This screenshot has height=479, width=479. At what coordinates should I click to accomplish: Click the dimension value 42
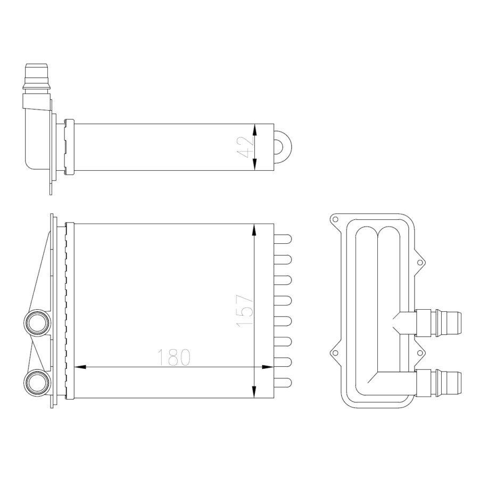click(243, 147)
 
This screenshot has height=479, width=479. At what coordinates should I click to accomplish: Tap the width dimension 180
click(174, 358)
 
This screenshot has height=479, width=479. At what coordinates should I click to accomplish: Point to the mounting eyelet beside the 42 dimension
click(282, 147)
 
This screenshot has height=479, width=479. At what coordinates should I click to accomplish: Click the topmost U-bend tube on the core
click(284, 239)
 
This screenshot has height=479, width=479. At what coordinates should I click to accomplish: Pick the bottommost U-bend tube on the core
click(284, 382)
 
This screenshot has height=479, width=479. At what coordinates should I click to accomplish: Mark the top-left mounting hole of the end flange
click(335, 219)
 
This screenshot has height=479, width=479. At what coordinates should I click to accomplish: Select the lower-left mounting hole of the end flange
click(335, 351)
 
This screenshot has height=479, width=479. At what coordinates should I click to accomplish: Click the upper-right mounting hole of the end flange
click(420, 262)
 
